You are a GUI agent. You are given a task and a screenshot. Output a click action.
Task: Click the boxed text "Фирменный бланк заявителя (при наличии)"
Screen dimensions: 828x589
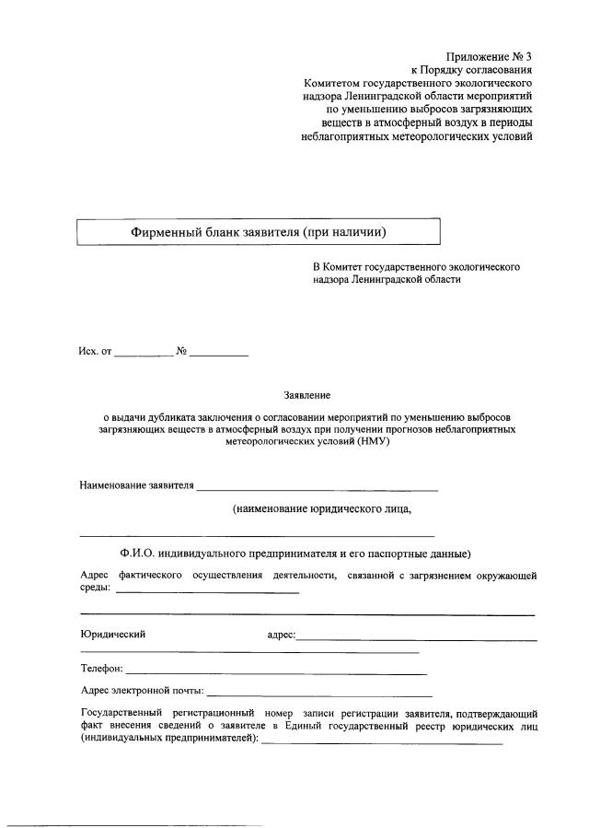pos(258,231)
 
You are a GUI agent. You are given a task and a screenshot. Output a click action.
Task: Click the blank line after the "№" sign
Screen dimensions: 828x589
pos(219,355)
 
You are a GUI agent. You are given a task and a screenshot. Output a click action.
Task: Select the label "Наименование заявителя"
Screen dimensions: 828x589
pos(137,485)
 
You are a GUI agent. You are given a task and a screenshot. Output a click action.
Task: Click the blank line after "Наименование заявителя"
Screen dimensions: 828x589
pos(317,489)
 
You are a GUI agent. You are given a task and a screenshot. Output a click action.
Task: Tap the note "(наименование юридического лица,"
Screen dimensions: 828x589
pos(321,508)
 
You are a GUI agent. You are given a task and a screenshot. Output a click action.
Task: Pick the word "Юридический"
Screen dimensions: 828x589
pos(113,634)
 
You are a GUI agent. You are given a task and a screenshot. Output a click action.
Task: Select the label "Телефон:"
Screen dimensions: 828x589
pos(101,669)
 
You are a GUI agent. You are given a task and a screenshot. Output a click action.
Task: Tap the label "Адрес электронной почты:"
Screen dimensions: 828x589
pos(143,689)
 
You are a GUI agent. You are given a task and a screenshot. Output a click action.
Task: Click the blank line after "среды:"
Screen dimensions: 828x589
pos(207,592)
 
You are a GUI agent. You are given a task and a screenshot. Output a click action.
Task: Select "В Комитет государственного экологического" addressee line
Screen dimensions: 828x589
pos(416,267)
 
